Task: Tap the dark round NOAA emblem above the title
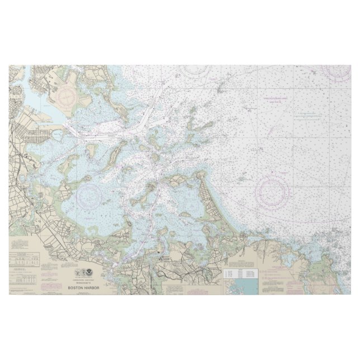[x=89, y=276]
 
